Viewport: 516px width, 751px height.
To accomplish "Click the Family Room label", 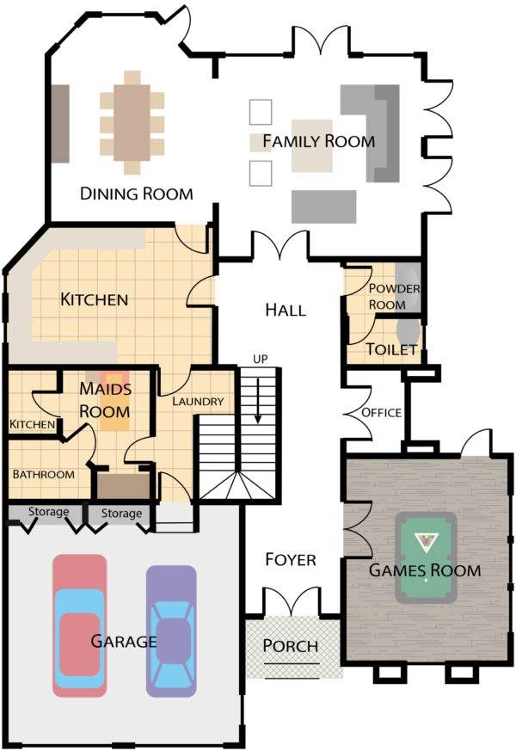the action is point(319,141).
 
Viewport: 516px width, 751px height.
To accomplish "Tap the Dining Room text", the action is point(137,194).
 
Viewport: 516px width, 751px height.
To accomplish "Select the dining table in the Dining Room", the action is point(132,123).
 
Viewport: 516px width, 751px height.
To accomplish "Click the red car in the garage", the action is point(79,625).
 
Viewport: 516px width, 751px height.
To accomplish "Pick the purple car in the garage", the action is point(171,631).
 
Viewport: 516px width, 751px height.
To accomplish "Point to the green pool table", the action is point(426,557).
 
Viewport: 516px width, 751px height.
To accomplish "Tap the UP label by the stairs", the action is point(261,360).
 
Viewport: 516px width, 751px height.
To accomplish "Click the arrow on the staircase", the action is point(258,400).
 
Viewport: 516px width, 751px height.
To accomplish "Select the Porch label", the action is point(291,646).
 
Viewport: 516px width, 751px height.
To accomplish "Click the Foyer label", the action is point(291,559).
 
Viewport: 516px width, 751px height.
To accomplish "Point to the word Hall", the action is point(286,310).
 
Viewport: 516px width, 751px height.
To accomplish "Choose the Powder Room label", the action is point(394,297).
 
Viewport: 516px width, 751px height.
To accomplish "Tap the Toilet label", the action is point(391,349).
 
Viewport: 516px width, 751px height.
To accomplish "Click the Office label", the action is point(382,413).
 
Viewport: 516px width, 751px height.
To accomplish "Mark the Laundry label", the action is point(198,402).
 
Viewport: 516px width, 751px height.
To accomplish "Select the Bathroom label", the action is point(44,475).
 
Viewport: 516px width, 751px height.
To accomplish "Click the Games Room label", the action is point(425,570).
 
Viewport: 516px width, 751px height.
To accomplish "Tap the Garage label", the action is point(124,641).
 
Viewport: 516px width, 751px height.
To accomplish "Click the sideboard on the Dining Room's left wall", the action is point(60,124).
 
